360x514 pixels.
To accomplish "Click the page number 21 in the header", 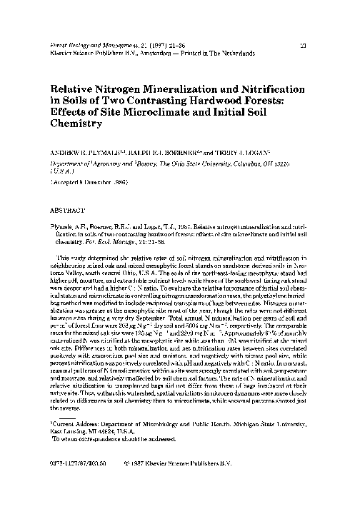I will point(304,44).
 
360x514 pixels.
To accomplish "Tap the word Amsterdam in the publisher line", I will point(170,52).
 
